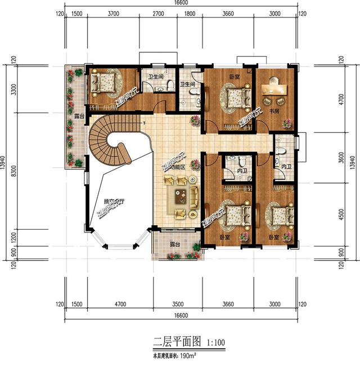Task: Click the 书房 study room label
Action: click(x=274, y=112)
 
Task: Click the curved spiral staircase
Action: click(x=109, y=140)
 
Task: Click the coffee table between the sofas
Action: click(x=181, y=197)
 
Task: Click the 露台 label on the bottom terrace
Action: click(x=175, y=246)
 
